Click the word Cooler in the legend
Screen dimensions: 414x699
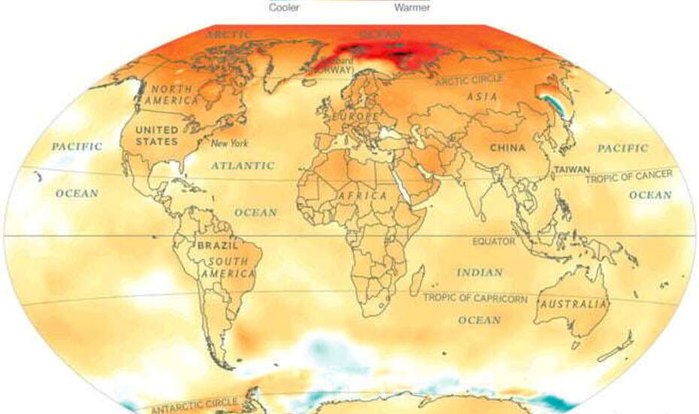(284, 8)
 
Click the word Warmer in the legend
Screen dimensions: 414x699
(412, 8)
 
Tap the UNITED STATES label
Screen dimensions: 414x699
(157, 135)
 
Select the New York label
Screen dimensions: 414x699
(228, 144)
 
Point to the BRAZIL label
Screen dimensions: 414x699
(217, 246)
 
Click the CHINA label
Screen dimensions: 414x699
(507, 148)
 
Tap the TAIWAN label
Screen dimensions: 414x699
(572, 170)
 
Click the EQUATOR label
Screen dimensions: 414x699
(494, 242)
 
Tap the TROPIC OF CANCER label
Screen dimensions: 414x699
(628, 175)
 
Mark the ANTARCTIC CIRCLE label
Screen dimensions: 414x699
(195, 405)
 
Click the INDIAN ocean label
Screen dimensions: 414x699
(479, 272)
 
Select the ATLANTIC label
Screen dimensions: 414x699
(242, 165)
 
